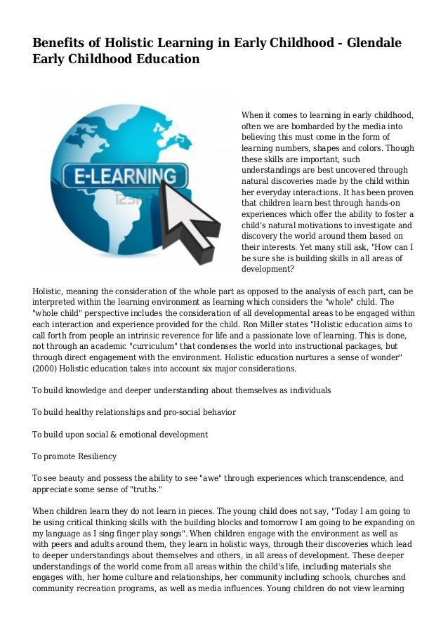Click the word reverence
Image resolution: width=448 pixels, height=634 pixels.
tap(183, 336)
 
